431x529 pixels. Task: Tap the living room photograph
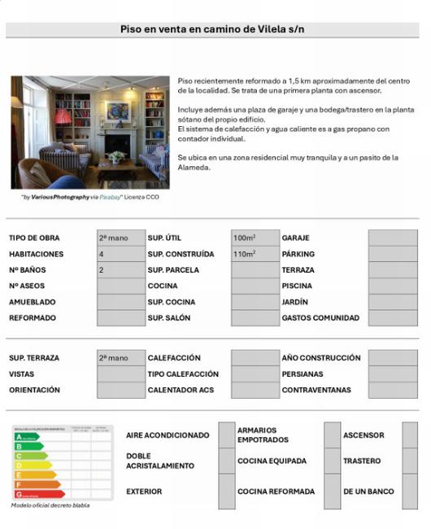(89, 132)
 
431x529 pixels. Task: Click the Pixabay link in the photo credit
(110, 197)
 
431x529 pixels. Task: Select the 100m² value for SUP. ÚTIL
(255, 238)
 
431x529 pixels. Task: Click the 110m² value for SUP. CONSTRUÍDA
(255, 254)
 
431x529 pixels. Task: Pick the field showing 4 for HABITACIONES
(120, 254)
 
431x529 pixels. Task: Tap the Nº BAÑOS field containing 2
(120, 269)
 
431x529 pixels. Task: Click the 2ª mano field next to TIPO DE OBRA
(120, 238)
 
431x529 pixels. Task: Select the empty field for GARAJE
(392, 238)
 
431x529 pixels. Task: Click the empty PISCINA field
(392, 286)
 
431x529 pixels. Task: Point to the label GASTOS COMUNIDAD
(320, 318)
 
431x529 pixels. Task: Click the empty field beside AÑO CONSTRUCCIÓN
(392, 358)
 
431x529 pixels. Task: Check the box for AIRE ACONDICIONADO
(226, 435)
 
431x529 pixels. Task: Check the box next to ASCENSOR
(409, 435)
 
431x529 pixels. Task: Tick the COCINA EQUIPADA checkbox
(332, 461)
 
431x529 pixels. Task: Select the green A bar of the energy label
(28, 437)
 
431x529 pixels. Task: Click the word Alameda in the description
(194, 168)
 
